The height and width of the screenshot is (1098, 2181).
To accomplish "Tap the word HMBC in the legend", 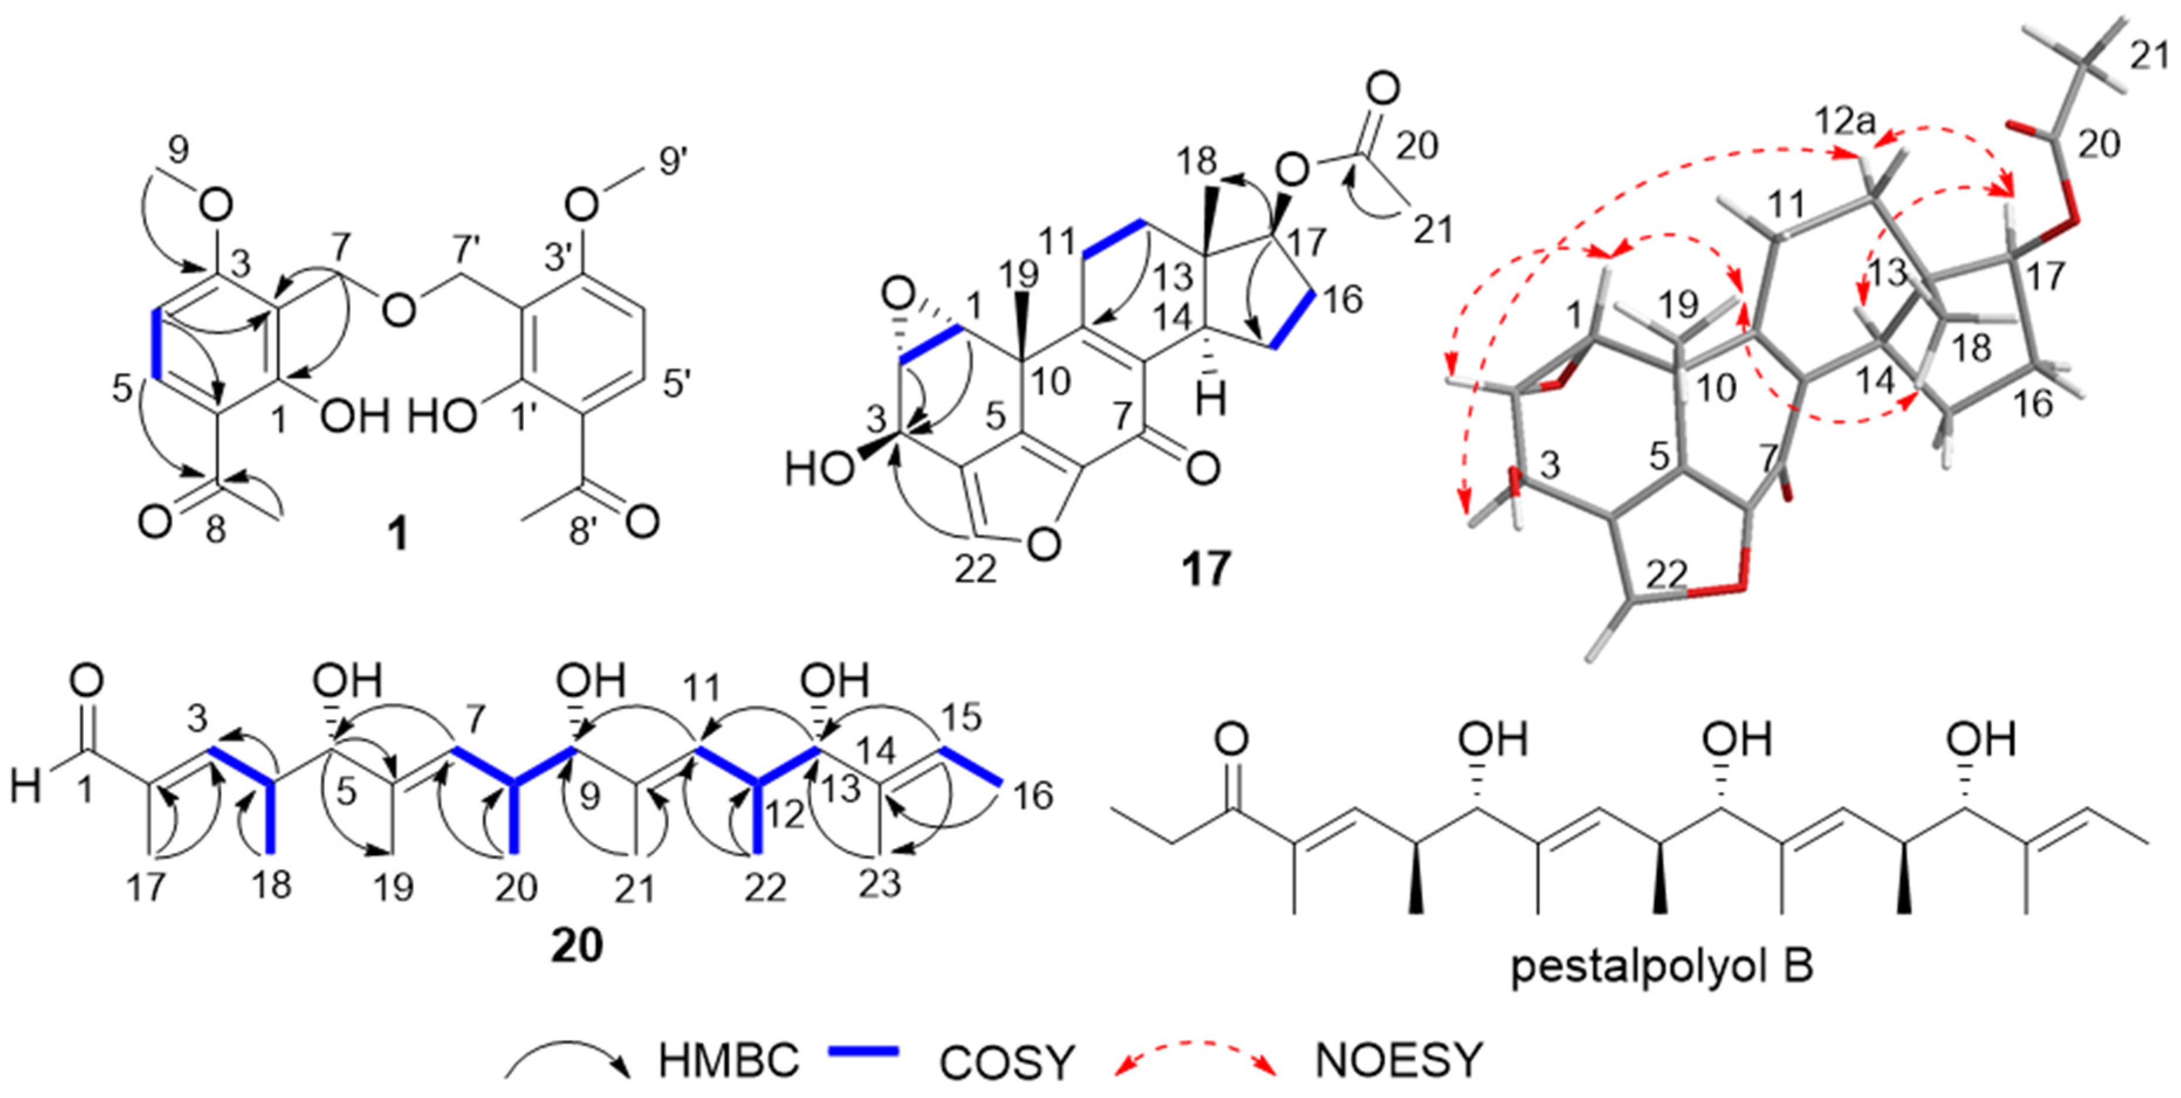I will point(728,1060).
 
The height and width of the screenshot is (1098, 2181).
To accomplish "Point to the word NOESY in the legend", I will point(1399,1060).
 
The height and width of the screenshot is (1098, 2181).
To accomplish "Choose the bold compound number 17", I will point(1205,569).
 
